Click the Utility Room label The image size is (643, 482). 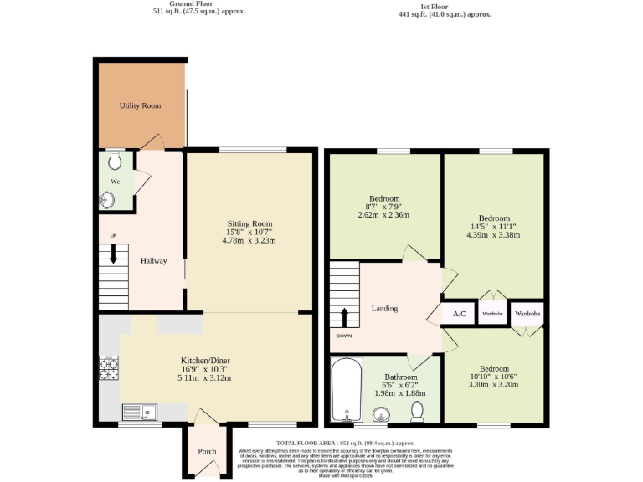[x=140, y=106]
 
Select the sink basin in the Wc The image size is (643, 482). [x=107, y=199]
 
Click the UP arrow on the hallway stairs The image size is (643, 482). [x=113, y=254]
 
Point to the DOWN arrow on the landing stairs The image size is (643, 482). [x=343, y=317]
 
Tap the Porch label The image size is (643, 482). [x=207, y=452]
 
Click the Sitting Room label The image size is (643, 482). [x=249, y=224]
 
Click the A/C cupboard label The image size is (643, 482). [x=459, y=314]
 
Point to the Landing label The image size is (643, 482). [x=384, y=309]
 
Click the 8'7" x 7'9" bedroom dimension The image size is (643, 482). [x=384, y=207]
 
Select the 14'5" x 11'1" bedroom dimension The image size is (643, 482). [x=493, y=225]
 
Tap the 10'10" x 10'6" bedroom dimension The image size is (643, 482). [x=493, y=376]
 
